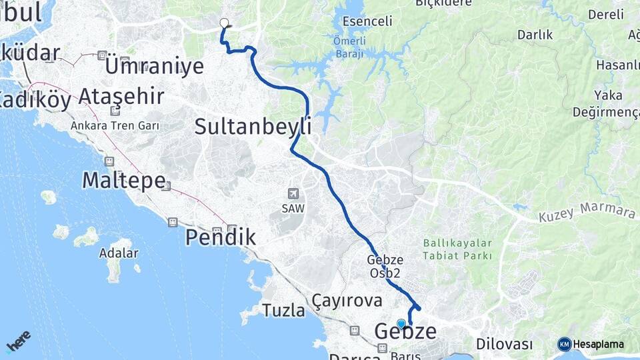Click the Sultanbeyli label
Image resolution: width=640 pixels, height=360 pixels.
pyautogui.click(x=253, y=126)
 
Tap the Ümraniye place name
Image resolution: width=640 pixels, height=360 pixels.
pyautogui.click(x=154, y=66)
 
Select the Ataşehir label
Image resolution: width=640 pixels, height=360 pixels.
pyautogui.click(x=121, y=97)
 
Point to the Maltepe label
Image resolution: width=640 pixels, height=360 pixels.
pyautogui.click(x=123, y=180)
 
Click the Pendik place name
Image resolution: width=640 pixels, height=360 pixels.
pyautogui.click(x=221, y=237)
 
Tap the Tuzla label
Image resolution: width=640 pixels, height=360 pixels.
pyautogui.click(x=283, y=310)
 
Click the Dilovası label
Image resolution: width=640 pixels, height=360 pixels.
pyautogui.click(x=505, y=344)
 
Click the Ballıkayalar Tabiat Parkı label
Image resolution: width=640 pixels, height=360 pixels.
pyautogui.click(x=457, y=249)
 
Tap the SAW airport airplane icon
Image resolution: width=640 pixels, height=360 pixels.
pyautogui.click(x=293, y=193)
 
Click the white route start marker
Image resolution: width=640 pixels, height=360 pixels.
pyautogui.click(x=224, y=22)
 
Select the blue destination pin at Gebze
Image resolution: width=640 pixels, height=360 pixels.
pyautogui.click(x=401, y=324)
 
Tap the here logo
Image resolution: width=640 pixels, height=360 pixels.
pyautogui.click(x=18, y=341)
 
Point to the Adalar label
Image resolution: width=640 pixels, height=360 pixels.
pyautogui.click(x=118, y=253)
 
